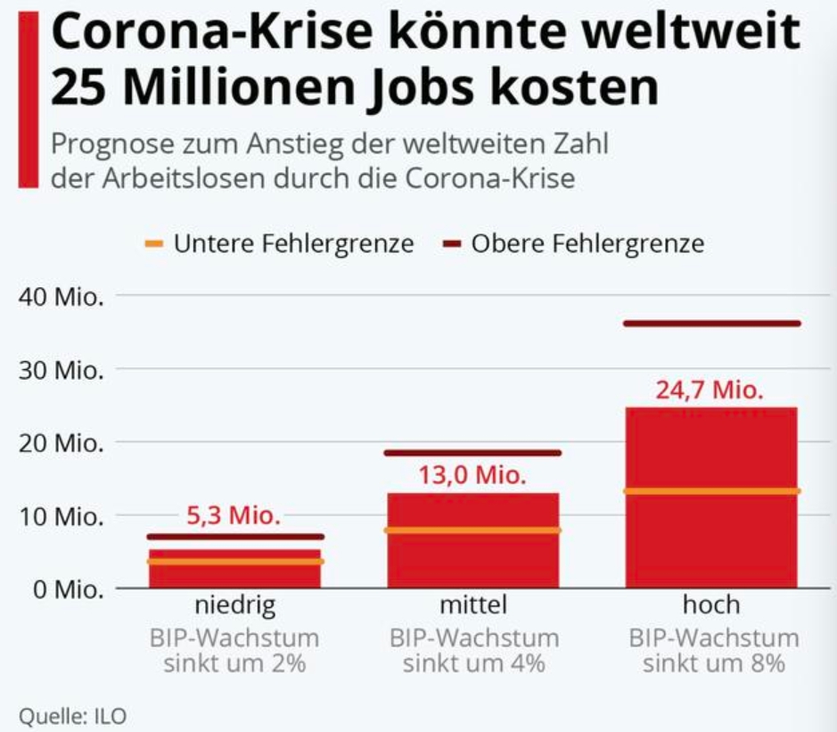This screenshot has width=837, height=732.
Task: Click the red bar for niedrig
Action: click(x=235, y=574)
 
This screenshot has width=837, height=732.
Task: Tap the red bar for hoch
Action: click(x=711, y=535)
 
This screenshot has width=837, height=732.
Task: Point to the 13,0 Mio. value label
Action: click(x=473, y=473)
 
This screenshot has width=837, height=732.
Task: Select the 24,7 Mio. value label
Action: click(x=710, y=390)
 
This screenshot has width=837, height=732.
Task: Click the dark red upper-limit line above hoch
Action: click(x=711, y=323)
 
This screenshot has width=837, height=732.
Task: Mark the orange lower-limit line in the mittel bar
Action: click(x=472, y=530)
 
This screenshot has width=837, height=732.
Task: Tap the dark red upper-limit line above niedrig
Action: click(x=235, y=537)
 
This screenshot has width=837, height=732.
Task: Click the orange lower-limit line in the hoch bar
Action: click(x=711, y=491)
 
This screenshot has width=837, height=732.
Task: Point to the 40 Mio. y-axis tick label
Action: click(x=62, y=296)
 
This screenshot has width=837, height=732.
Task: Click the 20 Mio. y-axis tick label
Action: click(x=62, y=442)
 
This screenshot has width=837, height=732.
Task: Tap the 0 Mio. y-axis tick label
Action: click(x=67, y=589)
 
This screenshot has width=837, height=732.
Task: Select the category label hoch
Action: click(x=711, y=605)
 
